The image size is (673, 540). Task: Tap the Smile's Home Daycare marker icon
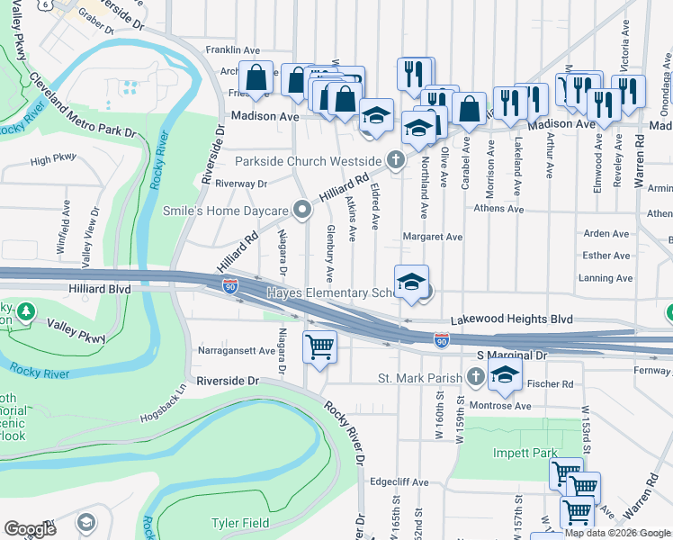(x=303, y=211)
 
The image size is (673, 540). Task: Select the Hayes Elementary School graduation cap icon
(x=411, y=282)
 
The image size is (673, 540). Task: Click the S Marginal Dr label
(x=512, y=356)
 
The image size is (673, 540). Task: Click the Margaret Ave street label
(x=432, y=237)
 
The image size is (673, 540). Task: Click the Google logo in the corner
(x=31, y=529)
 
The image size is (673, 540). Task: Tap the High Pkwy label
(x=53, y=160)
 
